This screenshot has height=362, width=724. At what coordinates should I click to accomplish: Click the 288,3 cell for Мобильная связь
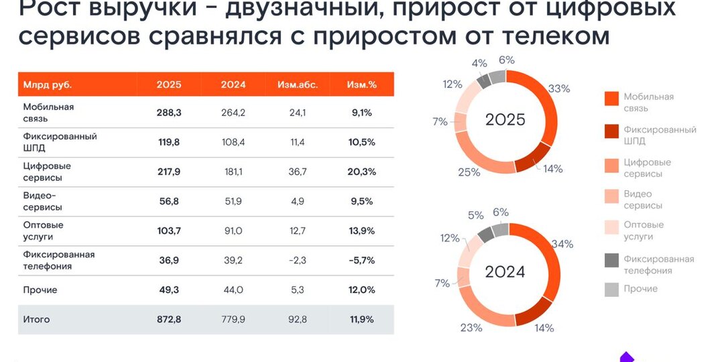click(169, 113)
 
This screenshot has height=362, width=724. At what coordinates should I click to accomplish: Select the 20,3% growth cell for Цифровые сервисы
click(361, 172)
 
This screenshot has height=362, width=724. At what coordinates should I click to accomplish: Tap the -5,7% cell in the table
click(361, 260)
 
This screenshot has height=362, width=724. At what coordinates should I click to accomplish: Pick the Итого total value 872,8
click(169, 320)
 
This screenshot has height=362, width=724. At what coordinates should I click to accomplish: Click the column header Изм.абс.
click(298, 85)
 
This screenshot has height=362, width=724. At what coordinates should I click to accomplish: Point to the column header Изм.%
click(361, 85)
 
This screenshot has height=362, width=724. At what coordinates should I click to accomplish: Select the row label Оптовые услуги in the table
click(44, 231)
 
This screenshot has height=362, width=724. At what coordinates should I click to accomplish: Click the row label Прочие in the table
click(40, 290)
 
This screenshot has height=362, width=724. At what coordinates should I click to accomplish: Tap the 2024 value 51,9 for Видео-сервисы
click(233, 201)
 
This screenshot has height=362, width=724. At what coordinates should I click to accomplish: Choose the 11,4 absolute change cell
click(298, 142)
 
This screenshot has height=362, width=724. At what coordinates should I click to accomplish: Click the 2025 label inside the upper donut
click(505, 121)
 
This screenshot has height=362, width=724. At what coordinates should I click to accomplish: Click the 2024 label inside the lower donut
click(505, 272)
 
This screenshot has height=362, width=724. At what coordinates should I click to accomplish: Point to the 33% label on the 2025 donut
click(559, 88)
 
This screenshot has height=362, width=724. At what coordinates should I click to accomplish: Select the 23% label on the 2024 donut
click(471, 328)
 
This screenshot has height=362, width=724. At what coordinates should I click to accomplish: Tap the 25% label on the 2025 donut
click(470, 172)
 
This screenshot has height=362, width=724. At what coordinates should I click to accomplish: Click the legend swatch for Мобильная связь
click(611, 99)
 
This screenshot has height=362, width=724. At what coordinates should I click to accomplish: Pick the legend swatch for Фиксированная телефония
click(611, 260)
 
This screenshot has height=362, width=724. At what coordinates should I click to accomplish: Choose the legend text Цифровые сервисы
click(647, 168)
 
